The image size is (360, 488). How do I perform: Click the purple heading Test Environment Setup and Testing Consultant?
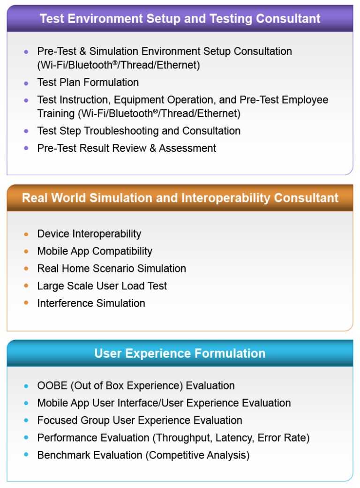tap(180, 19)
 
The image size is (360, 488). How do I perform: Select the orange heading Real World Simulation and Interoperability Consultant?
tap(180, 198)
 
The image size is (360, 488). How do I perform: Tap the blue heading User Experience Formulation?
tap(180, 353)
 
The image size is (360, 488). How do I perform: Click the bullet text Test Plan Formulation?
tap(88, 83)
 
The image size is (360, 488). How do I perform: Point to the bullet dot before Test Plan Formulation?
tap(26, 83)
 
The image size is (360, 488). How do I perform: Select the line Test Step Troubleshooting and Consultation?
tap(139, 131)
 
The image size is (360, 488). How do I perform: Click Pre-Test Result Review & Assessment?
tap(127, 148)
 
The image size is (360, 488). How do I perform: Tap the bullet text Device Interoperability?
tap(89, 234)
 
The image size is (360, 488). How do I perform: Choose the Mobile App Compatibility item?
tap(95, 251)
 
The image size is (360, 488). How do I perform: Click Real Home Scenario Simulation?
tap(112, 269)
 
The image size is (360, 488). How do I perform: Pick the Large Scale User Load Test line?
tap(102, 286)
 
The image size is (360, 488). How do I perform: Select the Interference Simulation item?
tap(91, 303)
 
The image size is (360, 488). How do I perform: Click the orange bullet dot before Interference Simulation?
tap(26, 303)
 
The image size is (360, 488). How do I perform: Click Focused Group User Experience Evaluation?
tap(140, 420)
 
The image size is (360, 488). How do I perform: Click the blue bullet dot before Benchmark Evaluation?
tap(26, 455)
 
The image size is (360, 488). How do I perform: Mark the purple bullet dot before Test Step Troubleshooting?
tap(26, 131)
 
